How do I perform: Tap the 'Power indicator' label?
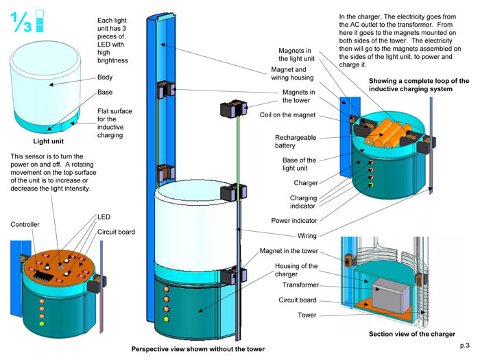294,221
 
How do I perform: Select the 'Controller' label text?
25,224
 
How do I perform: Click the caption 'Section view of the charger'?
412,334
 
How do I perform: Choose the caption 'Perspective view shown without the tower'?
198,349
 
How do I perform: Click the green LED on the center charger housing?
165,318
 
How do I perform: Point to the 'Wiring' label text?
305,237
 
